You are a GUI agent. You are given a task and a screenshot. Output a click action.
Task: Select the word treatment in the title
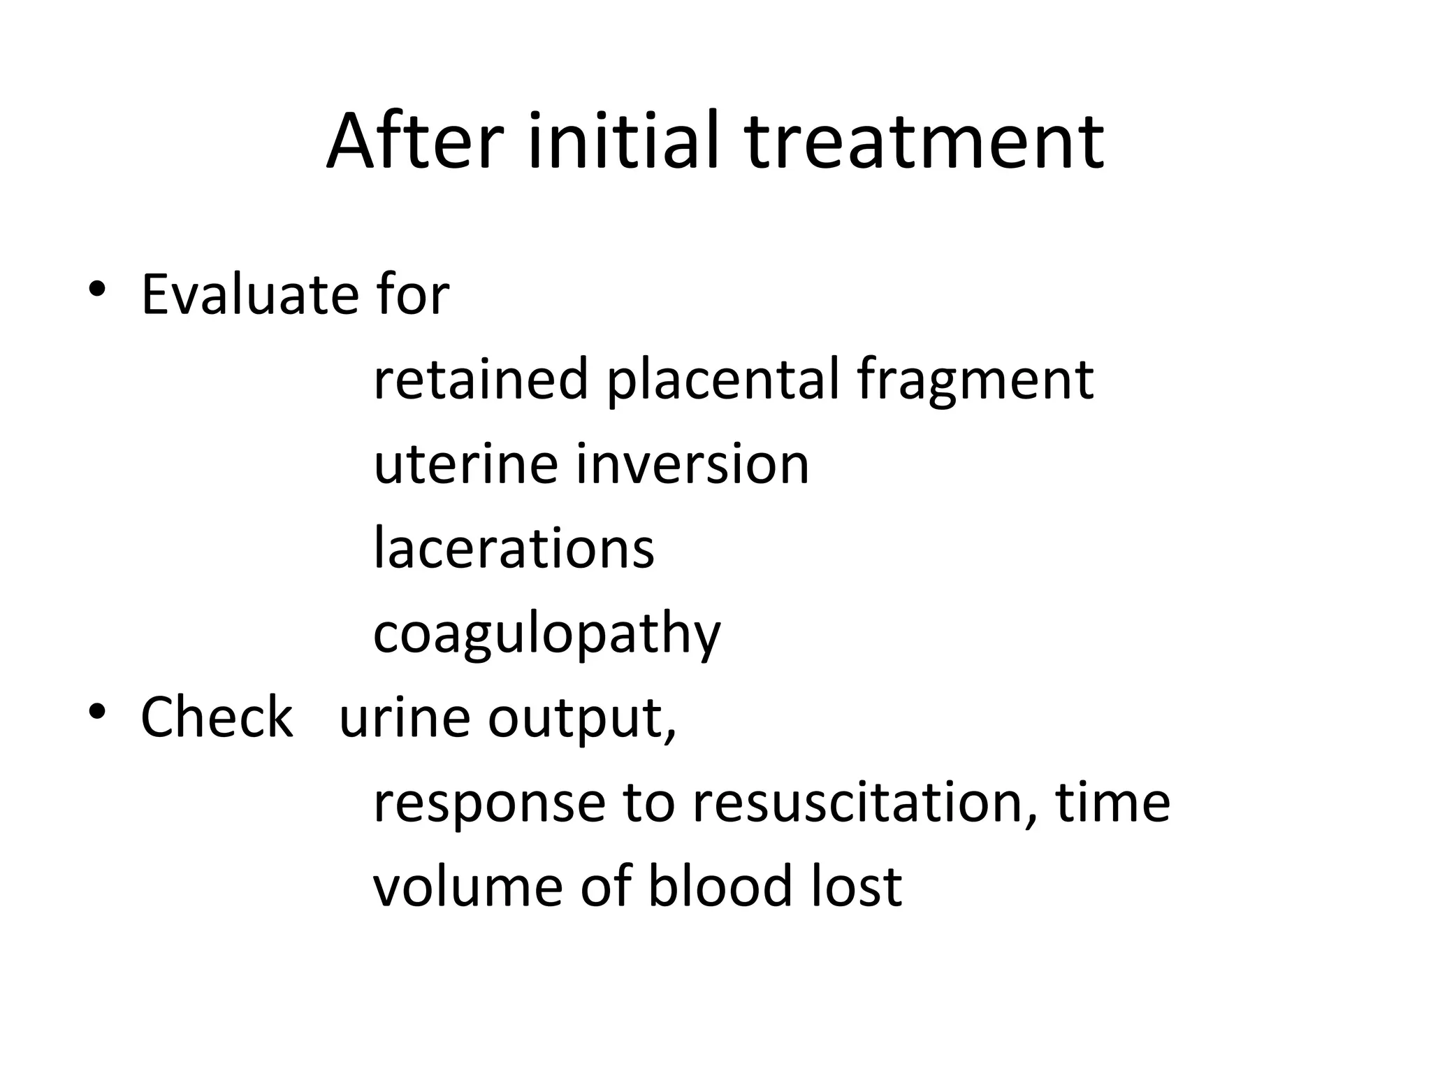[x=924, y=143]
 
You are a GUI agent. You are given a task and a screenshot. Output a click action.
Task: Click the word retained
[x=481, y=380]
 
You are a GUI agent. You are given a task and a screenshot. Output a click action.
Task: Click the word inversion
[x=692, y=465]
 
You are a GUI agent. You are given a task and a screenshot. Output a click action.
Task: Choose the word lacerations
[x=514, y=549]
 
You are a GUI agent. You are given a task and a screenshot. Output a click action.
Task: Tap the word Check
[x=217, y=717]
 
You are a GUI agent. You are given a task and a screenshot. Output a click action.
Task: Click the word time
[x=1112, y=803]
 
